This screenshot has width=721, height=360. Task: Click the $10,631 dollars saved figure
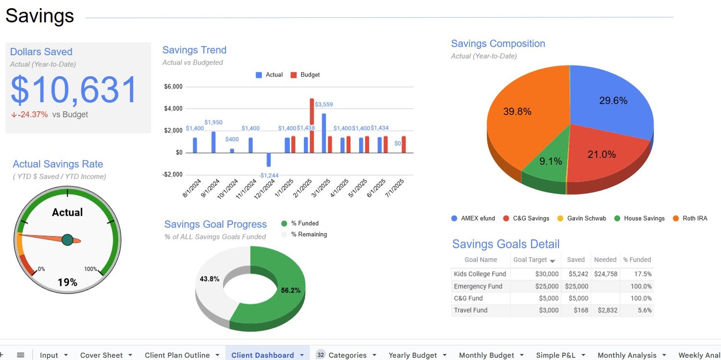tap(75, 90)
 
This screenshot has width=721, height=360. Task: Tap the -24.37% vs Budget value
tap(33, 115)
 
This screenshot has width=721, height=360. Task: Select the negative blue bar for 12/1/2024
tap(269, 160)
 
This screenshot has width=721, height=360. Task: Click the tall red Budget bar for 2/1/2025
tap(311, 125)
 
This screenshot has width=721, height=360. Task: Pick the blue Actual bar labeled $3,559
tap(324, 133)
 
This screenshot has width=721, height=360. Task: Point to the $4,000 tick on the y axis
tap(174, 109)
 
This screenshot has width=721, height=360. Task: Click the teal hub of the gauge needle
tap(67, 239)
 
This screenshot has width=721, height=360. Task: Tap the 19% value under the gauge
tap(67, 282)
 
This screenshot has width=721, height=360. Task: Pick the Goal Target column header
tap(531, 260)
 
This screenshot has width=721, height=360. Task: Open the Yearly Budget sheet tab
tap(413, 355)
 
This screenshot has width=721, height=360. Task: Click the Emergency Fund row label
tap(478, 286)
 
